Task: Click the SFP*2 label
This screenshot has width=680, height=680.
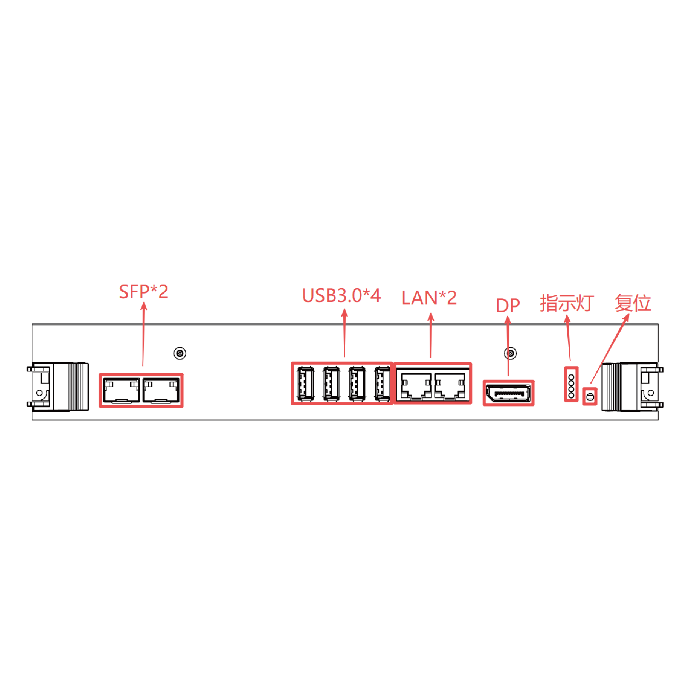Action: pyautogui.click(x=144, y=292)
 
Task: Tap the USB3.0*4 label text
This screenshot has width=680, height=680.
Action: pyautogui.click(x=341, y=295)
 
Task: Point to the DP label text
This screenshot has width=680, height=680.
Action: pyautogui.click(x=508, y=305)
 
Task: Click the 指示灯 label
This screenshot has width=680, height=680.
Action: pyautogui.click(x=567, y=303)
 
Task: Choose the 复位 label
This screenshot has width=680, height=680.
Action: pyautogui.click(x=633, y=303)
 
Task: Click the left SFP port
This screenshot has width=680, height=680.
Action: pyautogui.click(x=122, y=390)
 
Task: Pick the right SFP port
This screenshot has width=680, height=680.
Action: pyautogui.click(x=161, y=390)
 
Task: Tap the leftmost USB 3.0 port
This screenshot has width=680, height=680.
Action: pyautogui.click(x=305, y=384)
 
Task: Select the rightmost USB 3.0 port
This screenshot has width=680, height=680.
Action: pyautogui.click(x=382, y=384)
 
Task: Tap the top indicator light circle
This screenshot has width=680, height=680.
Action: pyautogui.click(x=571, y=377)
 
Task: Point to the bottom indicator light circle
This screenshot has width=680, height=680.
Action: pyautogui.click(x=571, y=395)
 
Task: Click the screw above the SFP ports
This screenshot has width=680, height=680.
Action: pyautogui.click(x=180, y=353)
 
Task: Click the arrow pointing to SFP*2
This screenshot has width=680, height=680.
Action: pyautogui.click(x=143, y=334)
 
